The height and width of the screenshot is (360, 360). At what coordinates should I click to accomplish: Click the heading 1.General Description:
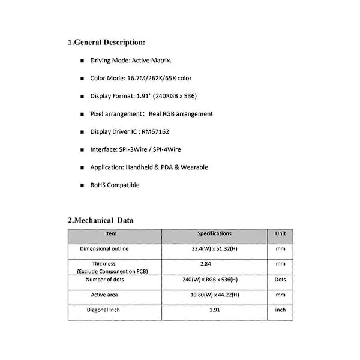(106, 43)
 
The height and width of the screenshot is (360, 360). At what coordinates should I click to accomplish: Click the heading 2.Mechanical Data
(101, 220)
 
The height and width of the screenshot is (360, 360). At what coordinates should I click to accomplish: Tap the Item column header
(111, 234)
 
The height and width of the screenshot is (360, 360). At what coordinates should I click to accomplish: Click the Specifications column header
(214, 234)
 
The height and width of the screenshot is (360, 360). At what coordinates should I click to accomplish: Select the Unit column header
(280, 234)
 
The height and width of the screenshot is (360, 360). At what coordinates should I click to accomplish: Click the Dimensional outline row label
(104, 248)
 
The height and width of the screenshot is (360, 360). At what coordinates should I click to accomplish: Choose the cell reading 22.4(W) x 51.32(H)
(214, 248)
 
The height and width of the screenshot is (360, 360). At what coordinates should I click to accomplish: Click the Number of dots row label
(105, 280)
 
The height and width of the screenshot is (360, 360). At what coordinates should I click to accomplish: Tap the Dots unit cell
(280, 280)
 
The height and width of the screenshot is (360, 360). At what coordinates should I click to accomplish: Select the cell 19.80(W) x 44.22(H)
(214, 295)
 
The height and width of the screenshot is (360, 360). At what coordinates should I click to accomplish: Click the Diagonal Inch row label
(106, 310)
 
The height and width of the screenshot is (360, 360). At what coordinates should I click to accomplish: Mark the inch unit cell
(280, 310)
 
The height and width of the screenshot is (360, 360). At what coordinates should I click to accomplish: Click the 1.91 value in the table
(214, 310)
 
